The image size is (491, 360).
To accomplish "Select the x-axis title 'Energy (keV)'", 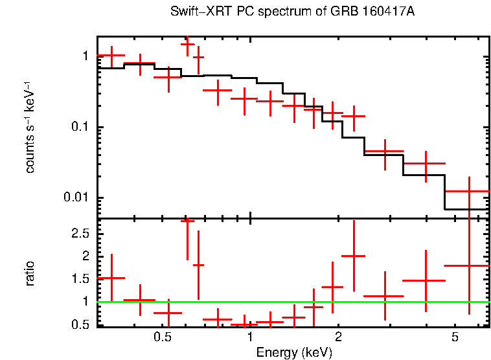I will (293, 352).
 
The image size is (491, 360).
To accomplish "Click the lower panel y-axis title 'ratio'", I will (30, 273).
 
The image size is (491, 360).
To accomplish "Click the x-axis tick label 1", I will (250, 338).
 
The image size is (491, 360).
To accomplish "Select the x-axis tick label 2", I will (338, 338).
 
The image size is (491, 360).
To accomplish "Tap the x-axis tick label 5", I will (455, 338).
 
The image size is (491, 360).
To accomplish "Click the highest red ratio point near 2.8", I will (187, 221).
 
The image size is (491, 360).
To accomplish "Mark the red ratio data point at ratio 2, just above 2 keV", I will (354, 256).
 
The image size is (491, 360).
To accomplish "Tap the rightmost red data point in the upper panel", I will (468, 191).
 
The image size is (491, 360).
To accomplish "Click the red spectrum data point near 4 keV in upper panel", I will (426, 164).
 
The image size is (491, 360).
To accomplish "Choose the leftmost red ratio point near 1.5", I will (111, 278).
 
